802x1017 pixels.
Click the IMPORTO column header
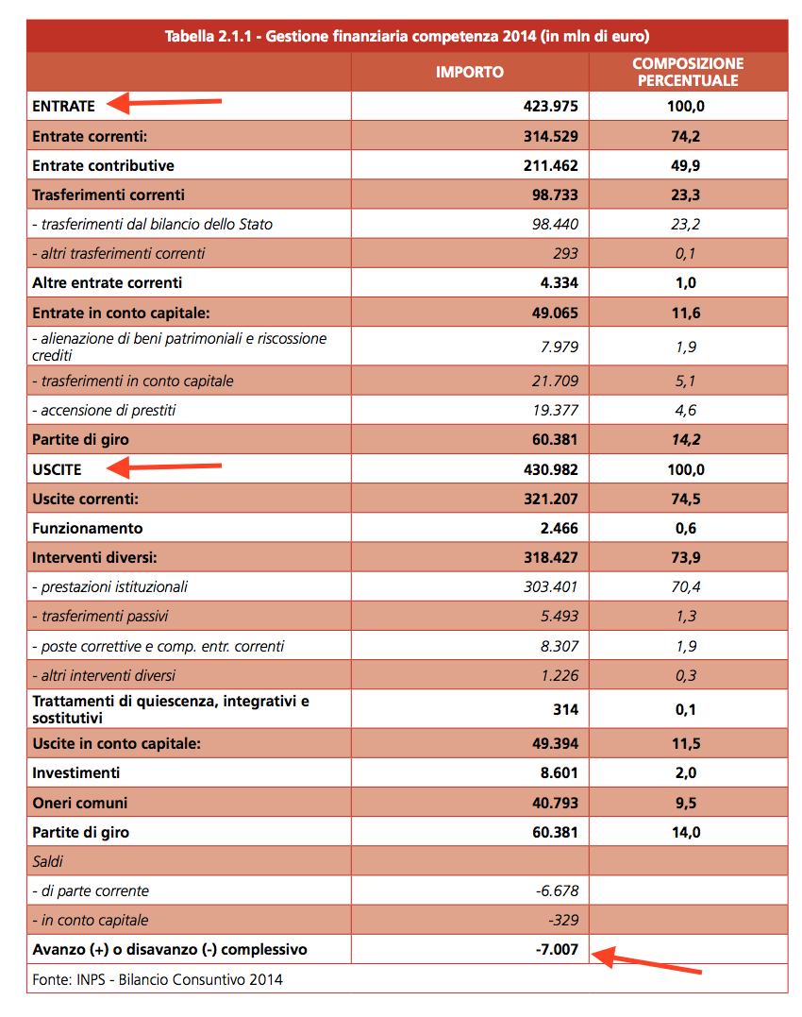(469, 72)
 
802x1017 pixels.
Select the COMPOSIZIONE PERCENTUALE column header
(688, 72)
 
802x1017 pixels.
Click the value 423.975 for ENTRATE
(550, 107)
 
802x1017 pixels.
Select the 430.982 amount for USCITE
(550, 469)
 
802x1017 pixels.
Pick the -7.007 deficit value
(556, 949)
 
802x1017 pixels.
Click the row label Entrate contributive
(103, 165)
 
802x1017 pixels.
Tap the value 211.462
(550, 165)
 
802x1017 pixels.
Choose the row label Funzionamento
(88, 528)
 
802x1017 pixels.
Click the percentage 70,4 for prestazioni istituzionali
(686, 586)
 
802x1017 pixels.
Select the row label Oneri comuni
(79, 803)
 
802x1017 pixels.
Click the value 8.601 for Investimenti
(555, 772)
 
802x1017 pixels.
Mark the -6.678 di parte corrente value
(556, 890)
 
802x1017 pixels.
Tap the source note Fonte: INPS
(158, 979)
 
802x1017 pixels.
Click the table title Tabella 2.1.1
(407, 37)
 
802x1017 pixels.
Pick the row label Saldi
(47, 861)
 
